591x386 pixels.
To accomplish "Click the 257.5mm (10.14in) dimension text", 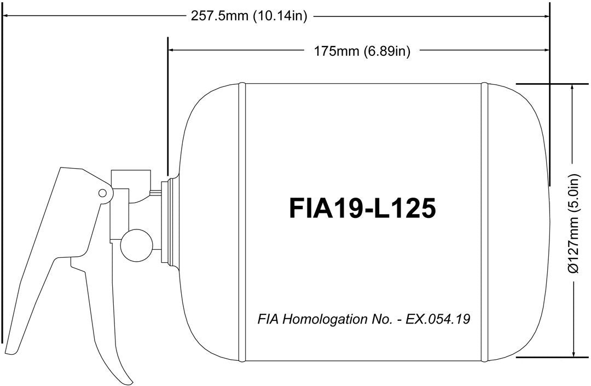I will (x=249, y=16).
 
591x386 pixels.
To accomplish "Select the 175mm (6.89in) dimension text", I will (x=362, y=51).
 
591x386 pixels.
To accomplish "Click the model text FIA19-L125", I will (x=362, y=208).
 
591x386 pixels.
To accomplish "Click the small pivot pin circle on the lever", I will (x=102, y=192).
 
